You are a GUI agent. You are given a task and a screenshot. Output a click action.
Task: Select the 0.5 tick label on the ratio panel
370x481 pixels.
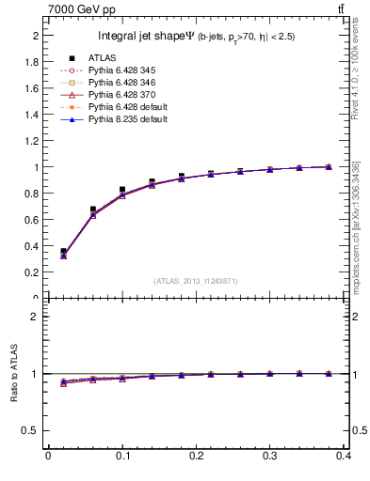click(31, 431)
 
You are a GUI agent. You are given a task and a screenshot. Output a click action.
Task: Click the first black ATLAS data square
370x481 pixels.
click(63, 252)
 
